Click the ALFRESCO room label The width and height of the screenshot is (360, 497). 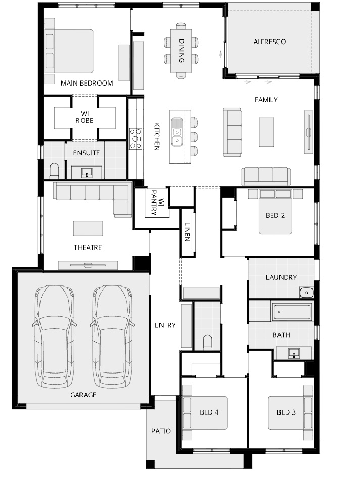(x=269, y=42)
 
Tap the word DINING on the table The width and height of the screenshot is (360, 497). (x=181, y=51)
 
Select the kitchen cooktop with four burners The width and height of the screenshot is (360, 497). (x=135, y=139)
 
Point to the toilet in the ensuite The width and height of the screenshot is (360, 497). (x=54, y=171)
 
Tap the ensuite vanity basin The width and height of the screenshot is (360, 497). (x=87, y=173)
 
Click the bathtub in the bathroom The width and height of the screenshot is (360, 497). (x=292, y=312)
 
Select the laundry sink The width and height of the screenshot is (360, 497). (x=306, y=293)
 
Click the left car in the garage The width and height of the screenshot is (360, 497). (x=55, y=337)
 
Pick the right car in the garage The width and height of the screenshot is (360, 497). (x=112, y=337)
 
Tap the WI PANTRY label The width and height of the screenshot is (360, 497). (x=157, y=202)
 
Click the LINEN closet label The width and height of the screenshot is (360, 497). (x=187, y=232)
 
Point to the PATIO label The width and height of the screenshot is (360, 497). (x=161, y=431)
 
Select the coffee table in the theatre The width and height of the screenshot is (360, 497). (x=88, y=228)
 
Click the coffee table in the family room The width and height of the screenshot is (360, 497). (x=266, y=132)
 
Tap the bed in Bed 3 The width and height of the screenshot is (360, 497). (x=291, y=412)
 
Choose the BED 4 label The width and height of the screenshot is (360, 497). (x=209, y=412)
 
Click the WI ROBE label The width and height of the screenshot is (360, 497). (x=85, y=117)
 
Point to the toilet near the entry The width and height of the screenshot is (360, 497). (x=208, y=342)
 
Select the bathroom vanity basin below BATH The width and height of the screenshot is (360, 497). (x=294, y=353)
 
